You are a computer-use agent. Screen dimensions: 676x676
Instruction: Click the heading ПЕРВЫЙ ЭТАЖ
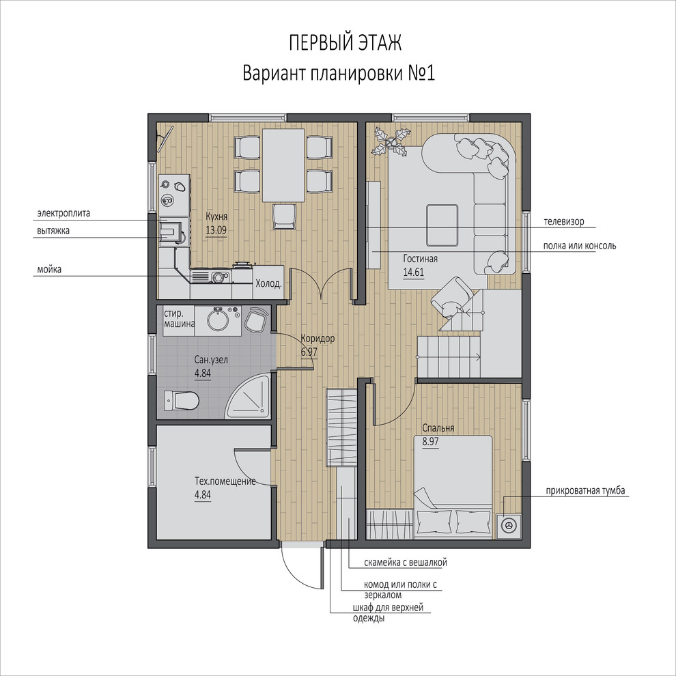[x=345, y=43]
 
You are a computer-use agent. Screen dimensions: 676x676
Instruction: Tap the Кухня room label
[x=216, y=216]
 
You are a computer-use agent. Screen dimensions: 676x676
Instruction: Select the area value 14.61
[x=413, y=272]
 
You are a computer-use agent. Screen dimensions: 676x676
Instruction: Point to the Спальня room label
[x=438, y=428]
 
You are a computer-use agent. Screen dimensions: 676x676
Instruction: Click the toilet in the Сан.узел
[x=181, y=401]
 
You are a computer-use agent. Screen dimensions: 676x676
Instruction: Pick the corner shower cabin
[x=249, y=397]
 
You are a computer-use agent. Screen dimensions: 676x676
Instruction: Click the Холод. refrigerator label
[x=268, y=283]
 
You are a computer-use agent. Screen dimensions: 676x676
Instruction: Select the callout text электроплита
[x=64, y=214]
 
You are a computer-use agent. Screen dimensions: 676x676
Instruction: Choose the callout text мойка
[x=49, y=270]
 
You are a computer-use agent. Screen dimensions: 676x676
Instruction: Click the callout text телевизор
[x=564, y=222]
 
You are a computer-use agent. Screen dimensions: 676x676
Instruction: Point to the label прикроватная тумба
[x=585, y=491]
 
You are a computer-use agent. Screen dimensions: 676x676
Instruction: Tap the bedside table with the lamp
[x=509, y=526]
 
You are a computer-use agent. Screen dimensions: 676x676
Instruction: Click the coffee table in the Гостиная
[x=442, y=225]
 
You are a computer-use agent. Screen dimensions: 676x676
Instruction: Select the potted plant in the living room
[x=391, y=141]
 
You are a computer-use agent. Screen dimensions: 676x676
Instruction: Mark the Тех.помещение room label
[x=225, y=481]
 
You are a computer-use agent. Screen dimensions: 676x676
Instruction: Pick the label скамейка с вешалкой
[x=405, y=563]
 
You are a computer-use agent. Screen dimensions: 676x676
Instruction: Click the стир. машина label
[x=179, y=319]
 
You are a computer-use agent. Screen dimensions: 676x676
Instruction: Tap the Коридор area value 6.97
[x=309, y=352]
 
